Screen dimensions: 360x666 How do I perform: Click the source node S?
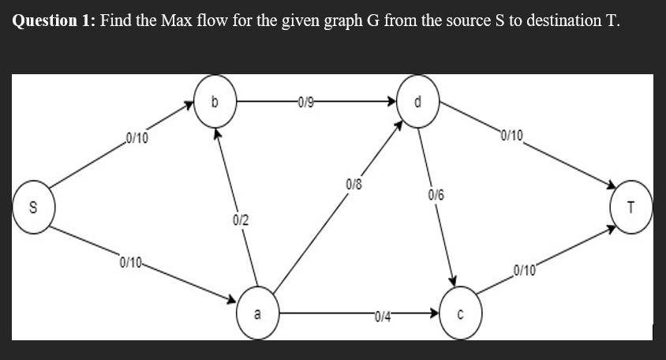[32, 208]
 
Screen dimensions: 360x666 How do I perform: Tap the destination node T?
[630, 208]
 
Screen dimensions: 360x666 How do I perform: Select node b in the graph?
[215, 103]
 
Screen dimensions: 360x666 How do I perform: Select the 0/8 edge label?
[354, 184]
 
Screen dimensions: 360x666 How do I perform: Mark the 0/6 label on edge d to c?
[436, 194]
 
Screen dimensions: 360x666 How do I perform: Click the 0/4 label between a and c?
[384, 317]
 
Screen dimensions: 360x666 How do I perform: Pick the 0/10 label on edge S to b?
[137, 138]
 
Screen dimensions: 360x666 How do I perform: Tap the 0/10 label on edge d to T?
[511, 135]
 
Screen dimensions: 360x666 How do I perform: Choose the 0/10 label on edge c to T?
[524, 272]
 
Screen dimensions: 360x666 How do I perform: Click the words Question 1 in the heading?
[52, 21]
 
